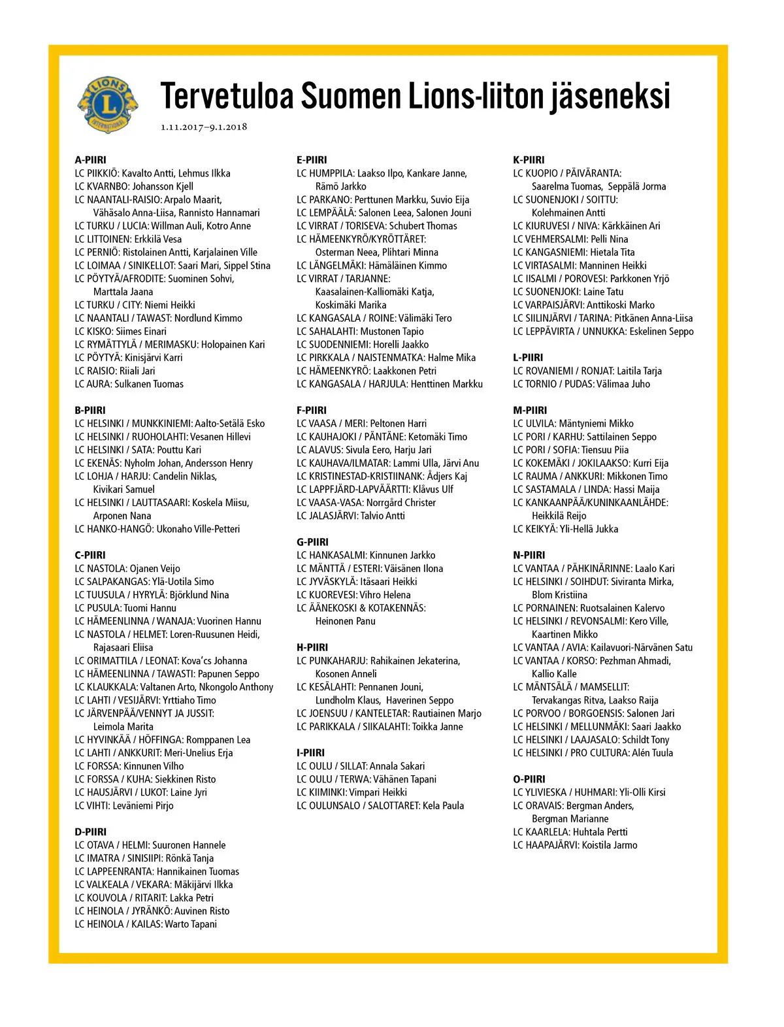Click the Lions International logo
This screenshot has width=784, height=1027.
pos(108,104)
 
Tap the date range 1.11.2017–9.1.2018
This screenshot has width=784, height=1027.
pos(204,127)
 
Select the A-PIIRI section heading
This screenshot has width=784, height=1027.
pos(90,160)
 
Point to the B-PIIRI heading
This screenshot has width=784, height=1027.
pos(90,411)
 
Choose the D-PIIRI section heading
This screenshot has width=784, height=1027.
pos(90,832)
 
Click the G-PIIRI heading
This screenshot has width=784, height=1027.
pos(312,542)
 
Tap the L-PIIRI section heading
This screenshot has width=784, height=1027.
pos(528,358)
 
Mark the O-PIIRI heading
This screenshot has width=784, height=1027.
pos(529,779)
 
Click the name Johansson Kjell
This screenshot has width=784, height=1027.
pos(163,186)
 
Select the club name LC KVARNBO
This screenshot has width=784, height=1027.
pos(101,186)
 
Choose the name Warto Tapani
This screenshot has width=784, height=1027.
pos(191,924)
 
